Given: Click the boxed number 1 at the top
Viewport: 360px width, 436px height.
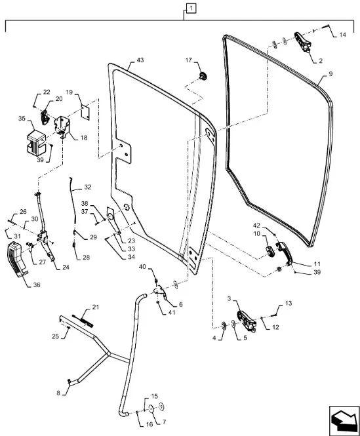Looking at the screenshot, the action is coord(191,9).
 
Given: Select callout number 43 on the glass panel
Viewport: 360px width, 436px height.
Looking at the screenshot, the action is coord(140,60).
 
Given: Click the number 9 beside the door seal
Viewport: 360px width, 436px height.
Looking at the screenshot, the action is coord(330,74).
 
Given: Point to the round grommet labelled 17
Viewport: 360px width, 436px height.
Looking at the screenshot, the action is coord(203,76).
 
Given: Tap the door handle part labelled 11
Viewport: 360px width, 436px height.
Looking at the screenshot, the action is coord(284,252).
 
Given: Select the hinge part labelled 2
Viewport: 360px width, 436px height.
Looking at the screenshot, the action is coord(303,42).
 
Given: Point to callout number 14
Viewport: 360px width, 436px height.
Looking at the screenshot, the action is coord(342,35).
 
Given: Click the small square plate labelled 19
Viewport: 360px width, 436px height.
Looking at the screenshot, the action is coord(85,113).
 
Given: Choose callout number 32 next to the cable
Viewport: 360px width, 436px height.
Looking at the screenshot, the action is coord(88,187).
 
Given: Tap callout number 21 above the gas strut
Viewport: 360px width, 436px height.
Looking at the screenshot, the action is coord(96,307).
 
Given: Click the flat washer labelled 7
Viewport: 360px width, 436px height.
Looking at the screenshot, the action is coord(151,408).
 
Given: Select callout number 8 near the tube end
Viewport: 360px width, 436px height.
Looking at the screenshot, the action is coord(58,393).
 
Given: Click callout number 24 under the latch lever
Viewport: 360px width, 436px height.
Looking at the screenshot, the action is coord(66,268).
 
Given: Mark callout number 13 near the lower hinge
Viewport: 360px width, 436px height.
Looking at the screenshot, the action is coord(289,303).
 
